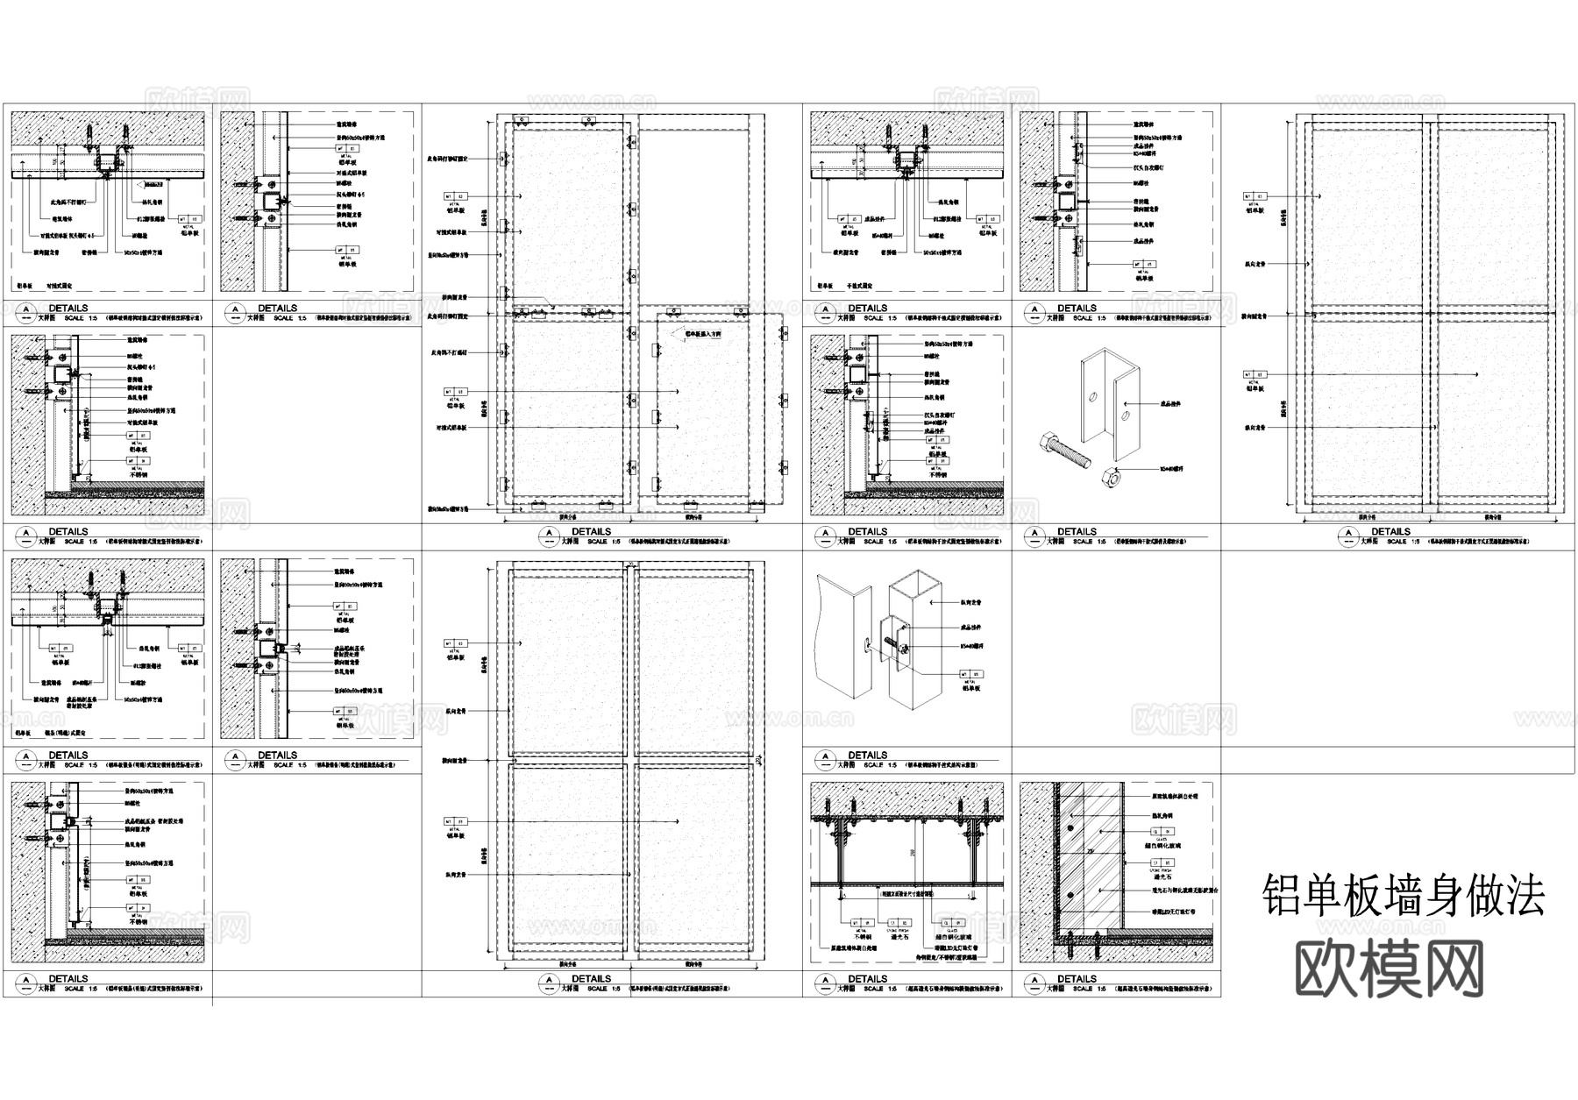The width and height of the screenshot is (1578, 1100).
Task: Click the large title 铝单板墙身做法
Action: pyautogui.click(x=1403, y=895)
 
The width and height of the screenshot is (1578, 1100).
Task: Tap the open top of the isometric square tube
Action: pyautogui.click(x=915, y=583)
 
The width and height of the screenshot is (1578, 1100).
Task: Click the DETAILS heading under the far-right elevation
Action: pyautogui.click(x=1390, y=531)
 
